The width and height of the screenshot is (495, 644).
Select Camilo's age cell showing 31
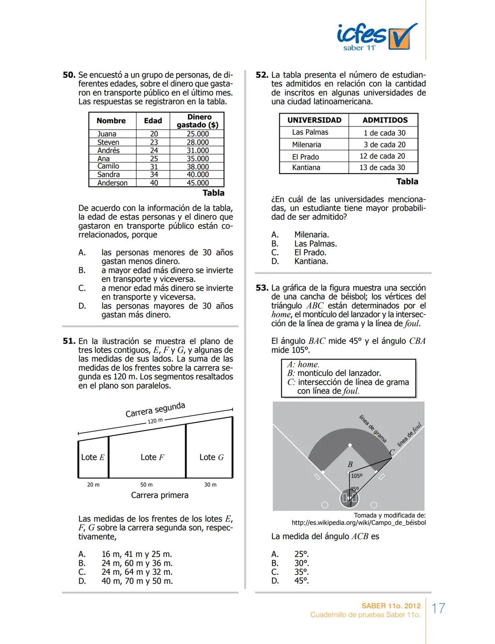pyautogui.click(x=154, y=167)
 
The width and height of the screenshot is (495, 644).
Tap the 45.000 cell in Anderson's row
pyautogui.click(x=198, y=183)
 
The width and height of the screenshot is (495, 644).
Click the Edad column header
pyautogui.click(x=153, y=121)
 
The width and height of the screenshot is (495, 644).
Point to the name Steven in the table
pyautogui.click(x=108, y=142)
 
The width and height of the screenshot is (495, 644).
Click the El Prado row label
pyautogui.click(x=305, y=157)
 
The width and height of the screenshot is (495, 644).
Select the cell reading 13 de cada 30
pyautogui.click(x=382, y=168)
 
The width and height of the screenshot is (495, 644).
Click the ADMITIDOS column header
pyautogui.click(x=385, y=120)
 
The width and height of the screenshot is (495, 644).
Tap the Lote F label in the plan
pyautogui.click(x=152, y=457)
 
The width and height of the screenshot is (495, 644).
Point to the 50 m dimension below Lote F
pyautogui.click(x=146, y=485)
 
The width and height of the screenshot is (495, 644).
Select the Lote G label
pyautogui.click(x=211, y=457)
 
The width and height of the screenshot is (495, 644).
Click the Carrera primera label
pyautogui.click(x=159, y=495)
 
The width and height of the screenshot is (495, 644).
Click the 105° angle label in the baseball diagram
pyautogui.click(x=356, y=476)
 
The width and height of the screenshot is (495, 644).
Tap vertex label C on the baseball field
pyautogui.click(x=391, y=453)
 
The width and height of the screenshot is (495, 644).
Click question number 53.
pyautogui.click(x=262, y=288)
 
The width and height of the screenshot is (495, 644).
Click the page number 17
pyautogui.click(x=439, y=608)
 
